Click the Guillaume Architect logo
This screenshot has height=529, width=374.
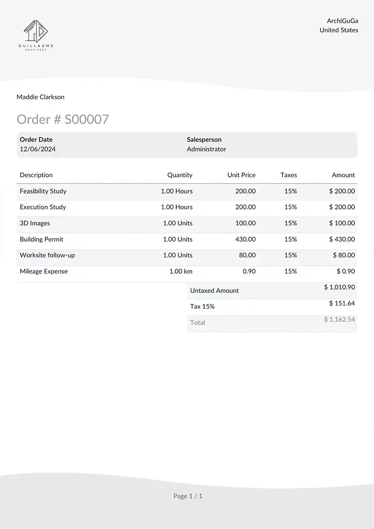(x=36, y=35)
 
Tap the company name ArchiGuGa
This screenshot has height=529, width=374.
(x=342, y=21)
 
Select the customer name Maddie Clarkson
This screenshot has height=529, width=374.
(x=41, y=97)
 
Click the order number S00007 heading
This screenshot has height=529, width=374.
(x=63, y=119)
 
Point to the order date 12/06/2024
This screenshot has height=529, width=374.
(x=37, y=149)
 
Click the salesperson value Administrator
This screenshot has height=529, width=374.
(x=206, y=149)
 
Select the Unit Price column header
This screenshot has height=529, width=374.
(x=241, y=175)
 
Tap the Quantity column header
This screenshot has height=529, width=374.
(x=180, y=175)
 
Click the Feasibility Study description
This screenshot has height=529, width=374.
(x=43, y=191)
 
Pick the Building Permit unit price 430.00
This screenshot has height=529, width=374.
(x=245, y=239)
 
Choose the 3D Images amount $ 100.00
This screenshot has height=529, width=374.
(x=342, y=223)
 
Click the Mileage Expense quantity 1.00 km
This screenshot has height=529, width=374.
(x=180, y=271)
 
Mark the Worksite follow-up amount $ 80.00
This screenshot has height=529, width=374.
(x=344, y=255)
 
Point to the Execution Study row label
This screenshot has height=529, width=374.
(x=43, y=207)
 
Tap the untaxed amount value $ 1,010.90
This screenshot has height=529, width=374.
(x=339, y=287)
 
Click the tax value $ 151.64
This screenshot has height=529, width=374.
(x=342, y=303)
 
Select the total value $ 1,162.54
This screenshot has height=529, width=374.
(x=339, y=319)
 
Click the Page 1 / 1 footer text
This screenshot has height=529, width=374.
(x=188, y=496)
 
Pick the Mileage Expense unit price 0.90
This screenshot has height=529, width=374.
(x=249, y=271)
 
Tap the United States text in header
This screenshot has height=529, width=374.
(x=339, y=30)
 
